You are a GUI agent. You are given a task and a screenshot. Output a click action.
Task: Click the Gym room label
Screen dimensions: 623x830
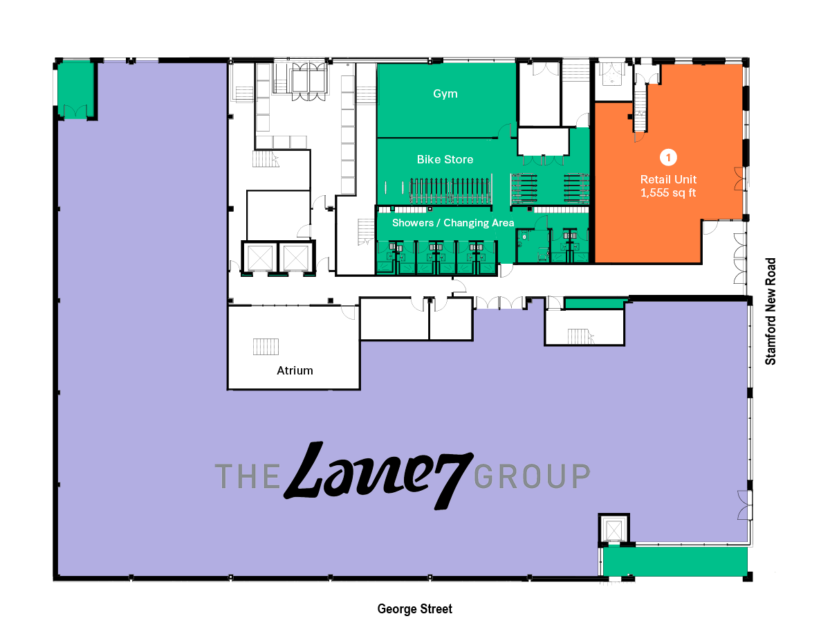pos(445,93)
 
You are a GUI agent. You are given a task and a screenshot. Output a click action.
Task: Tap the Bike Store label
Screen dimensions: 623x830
pos(445,159)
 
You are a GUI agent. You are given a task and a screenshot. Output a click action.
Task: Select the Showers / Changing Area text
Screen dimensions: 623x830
pos(453,223)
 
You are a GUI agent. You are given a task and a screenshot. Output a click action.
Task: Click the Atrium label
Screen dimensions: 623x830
pos(295,370)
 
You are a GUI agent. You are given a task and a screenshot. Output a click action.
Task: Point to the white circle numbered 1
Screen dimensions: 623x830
pos(667,158)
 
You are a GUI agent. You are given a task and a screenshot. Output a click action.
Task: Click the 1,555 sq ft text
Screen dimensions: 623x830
pos(668,193)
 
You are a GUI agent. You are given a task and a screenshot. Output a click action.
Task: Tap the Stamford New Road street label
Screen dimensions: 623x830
pos(771,311)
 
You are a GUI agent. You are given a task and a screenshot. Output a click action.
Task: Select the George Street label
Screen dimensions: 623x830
pos(415,609)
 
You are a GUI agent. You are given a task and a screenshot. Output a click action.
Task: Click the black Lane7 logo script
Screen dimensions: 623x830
pos(378,475)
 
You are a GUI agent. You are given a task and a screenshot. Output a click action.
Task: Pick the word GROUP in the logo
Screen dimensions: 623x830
pos(533,476)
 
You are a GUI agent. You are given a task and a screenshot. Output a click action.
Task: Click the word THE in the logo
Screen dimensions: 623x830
pos(246,476)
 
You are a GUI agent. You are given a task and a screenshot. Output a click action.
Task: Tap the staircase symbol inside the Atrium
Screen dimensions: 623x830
pos(266,346)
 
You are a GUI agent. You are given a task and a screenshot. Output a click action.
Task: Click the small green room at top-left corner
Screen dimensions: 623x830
pos(75,89)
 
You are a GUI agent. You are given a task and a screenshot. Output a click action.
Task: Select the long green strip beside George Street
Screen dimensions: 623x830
pos(675,561)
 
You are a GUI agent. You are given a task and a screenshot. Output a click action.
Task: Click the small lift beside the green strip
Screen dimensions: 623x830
pos(614,530)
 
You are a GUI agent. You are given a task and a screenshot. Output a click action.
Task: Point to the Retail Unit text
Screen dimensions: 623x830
pos(668,179)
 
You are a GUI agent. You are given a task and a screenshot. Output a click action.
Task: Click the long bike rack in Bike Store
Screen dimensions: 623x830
pos(450,190)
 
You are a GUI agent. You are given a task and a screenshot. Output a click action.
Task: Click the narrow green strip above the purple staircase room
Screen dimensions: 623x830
pos(596,303)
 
